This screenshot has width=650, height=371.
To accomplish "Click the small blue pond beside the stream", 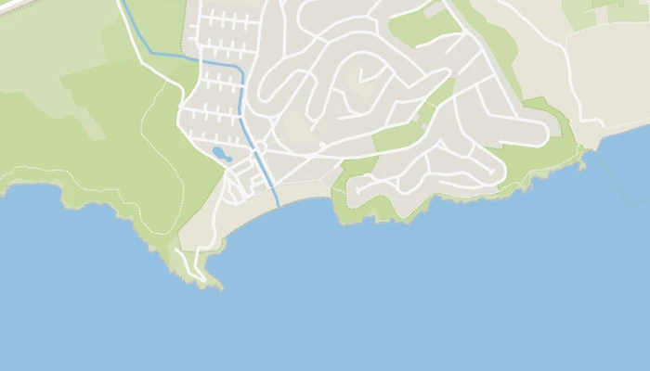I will (221, 153).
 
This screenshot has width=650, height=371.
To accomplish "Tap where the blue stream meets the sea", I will (278, 205).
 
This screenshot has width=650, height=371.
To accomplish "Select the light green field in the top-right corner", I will (594, 11).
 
